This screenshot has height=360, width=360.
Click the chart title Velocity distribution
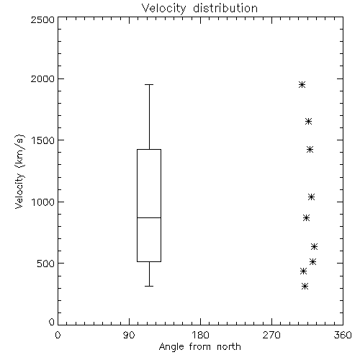(x=199, y=8)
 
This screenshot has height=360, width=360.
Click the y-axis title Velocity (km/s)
(x=19, y=171)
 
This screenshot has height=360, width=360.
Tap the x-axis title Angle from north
(x=199, y=346)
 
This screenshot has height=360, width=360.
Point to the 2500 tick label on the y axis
(x=42, y=19)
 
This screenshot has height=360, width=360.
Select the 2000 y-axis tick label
(x=42, y=78)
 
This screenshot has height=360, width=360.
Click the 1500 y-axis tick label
(x=43, y=140)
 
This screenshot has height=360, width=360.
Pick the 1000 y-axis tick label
(x=43, y=202)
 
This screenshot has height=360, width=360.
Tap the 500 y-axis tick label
(x=46, y=264)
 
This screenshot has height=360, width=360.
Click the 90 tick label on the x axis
(x=129, y=335)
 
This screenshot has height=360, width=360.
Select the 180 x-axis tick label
(x=200, y=335)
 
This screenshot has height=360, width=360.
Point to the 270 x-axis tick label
(x=271, y=335)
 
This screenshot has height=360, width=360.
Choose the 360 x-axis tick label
(x=343, y=335)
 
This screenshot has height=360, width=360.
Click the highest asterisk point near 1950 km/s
(x=302, y=85)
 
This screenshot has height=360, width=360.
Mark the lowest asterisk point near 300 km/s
(x=305, y=286)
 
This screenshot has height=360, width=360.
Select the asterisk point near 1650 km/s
(x=309, y=122)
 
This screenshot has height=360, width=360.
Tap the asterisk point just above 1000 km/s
(x=311, y=197)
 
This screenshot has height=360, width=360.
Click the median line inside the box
(x=149, y=217)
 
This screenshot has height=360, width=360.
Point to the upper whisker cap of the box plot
(x=149, y=85)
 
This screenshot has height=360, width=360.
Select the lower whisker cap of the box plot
(x=149, y=286)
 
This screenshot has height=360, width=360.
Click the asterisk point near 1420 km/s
(x=310, y=150)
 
